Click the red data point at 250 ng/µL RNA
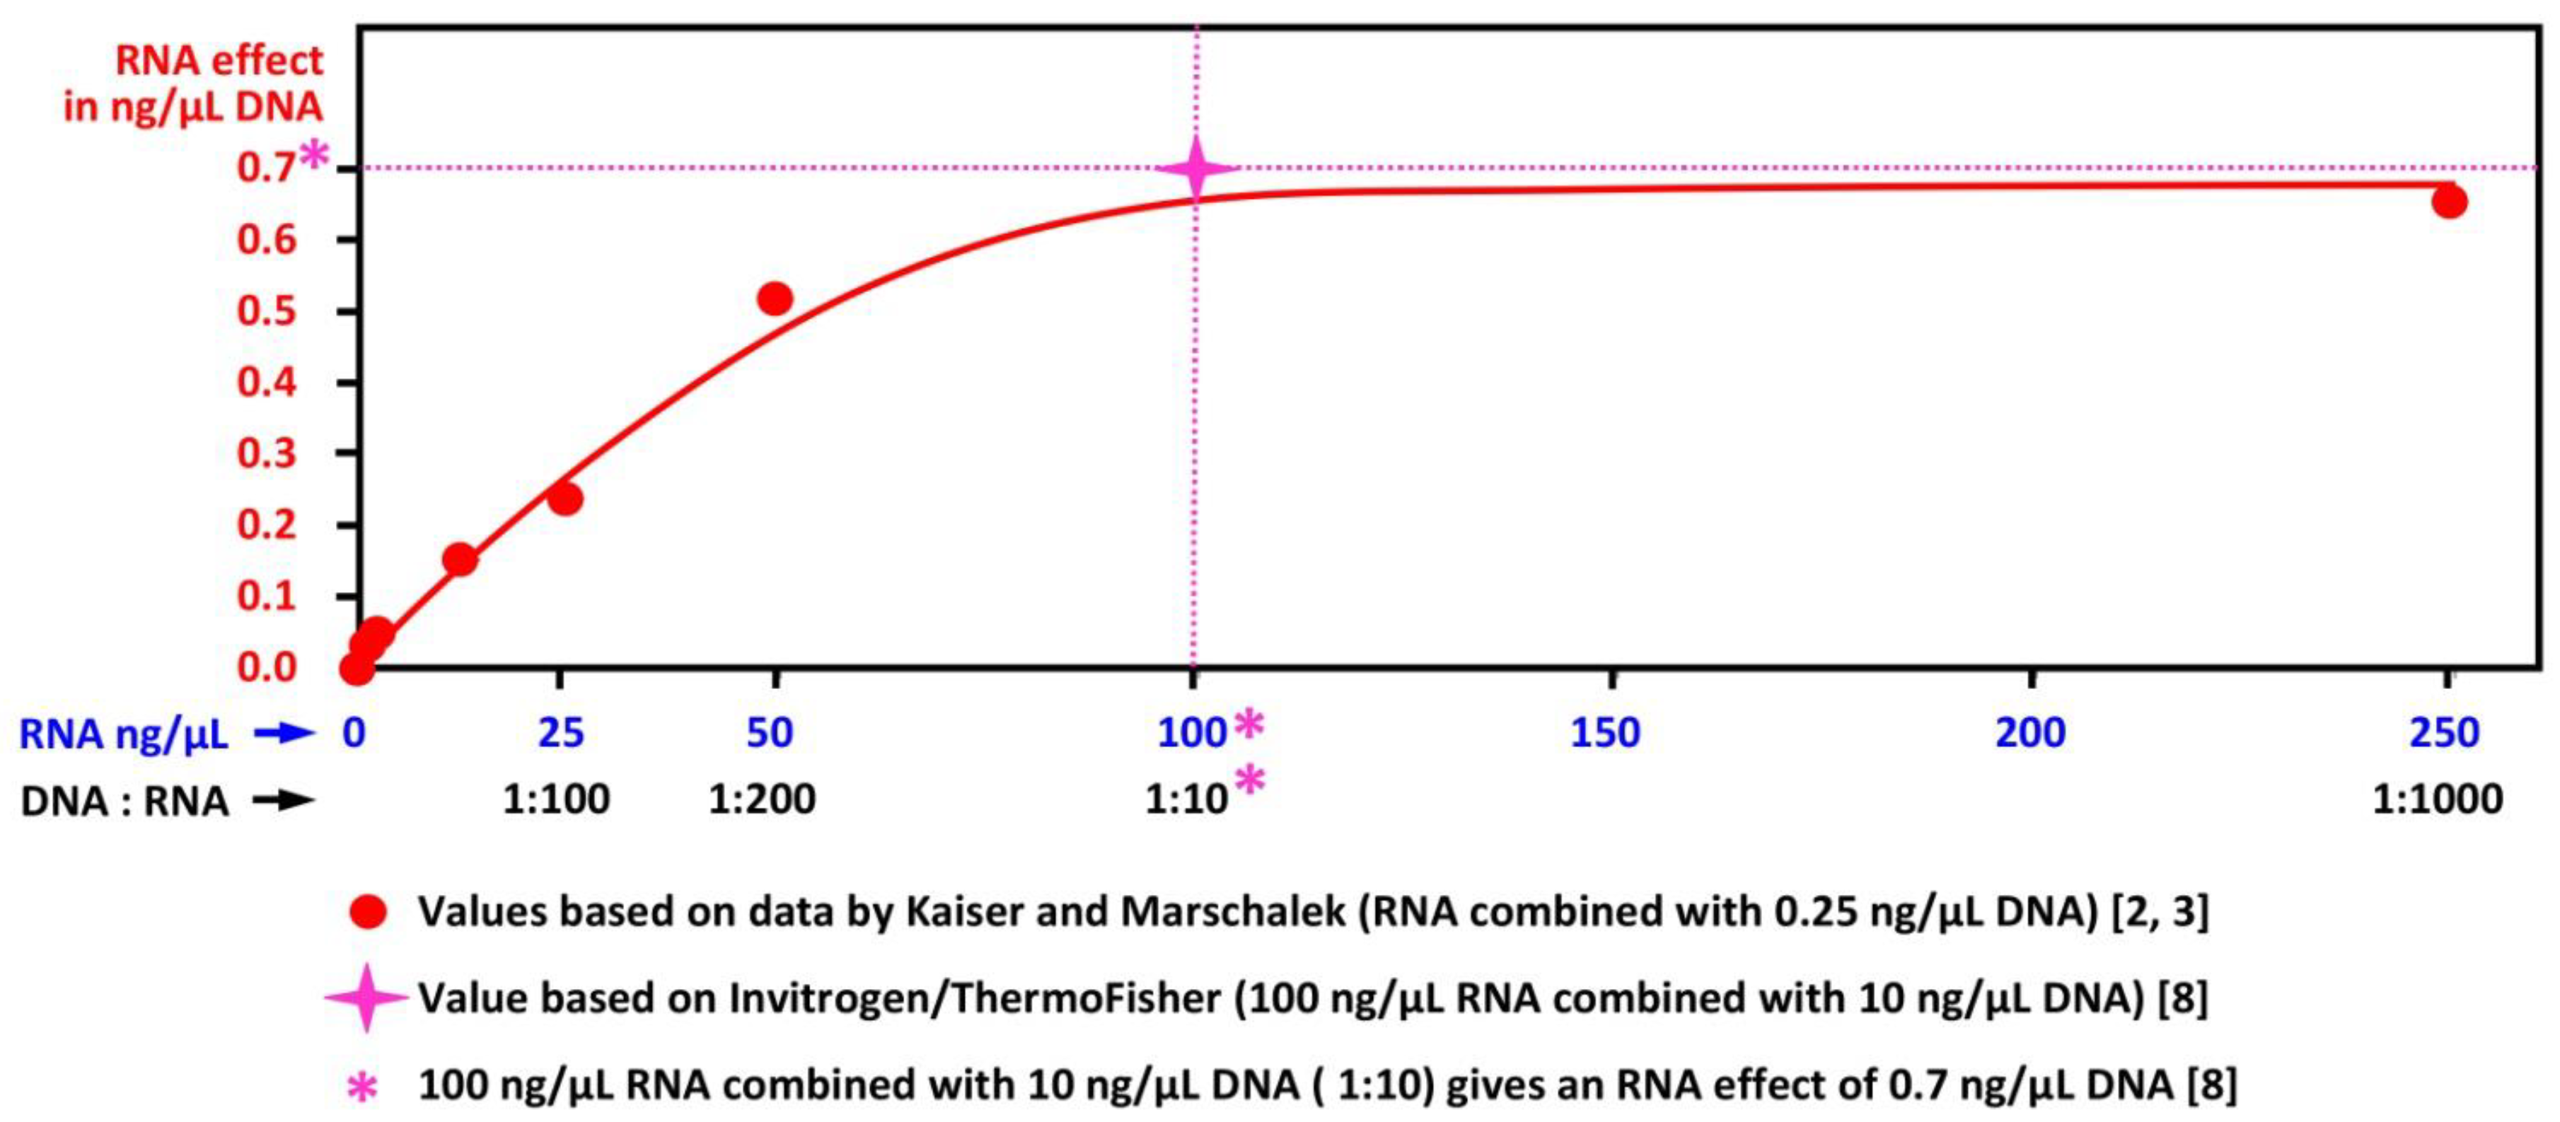[2449, 202]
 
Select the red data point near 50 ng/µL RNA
[774, 298]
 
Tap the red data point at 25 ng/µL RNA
[564, 498]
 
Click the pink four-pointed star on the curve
[1196, 168]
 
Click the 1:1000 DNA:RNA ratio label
[2437, 799]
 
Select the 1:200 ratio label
[761, 799]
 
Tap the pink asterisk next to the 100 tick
[1249, 725]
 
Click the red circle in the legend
[368, 911]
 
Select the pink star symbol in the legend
[366, 997]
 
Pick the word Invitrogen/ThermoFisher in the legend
[974, 997]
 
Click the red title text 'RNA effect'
[219, 62]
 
